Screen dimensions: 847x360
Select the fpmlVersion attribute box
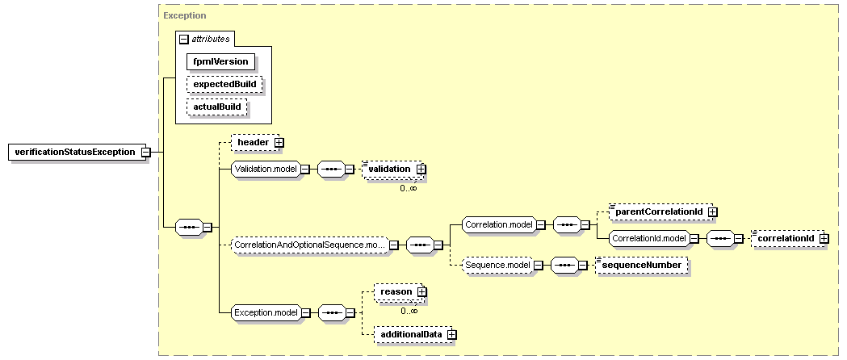pos(220,61)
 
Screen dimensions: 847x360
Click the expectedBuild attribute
pos(224,84)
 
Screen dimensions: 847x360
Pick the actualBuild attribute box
pos(216,107)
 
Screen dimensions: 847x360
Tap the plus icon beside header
pos(279,143)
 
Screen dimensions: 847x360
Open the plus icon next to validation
pos(421,169)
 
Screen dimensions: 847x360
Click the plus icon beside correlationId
pos(824,238)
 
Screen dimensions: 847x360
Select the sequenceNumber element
pos(642,265)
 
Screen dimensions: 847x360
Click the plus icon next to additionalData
pos(452,335)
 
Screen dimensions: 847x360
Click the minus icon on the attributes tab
pos(183,40)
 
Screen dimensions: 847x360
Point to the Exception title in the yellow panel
pos(184,15)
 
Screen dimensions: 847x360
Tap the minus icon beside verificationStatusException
pos(145,153)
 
